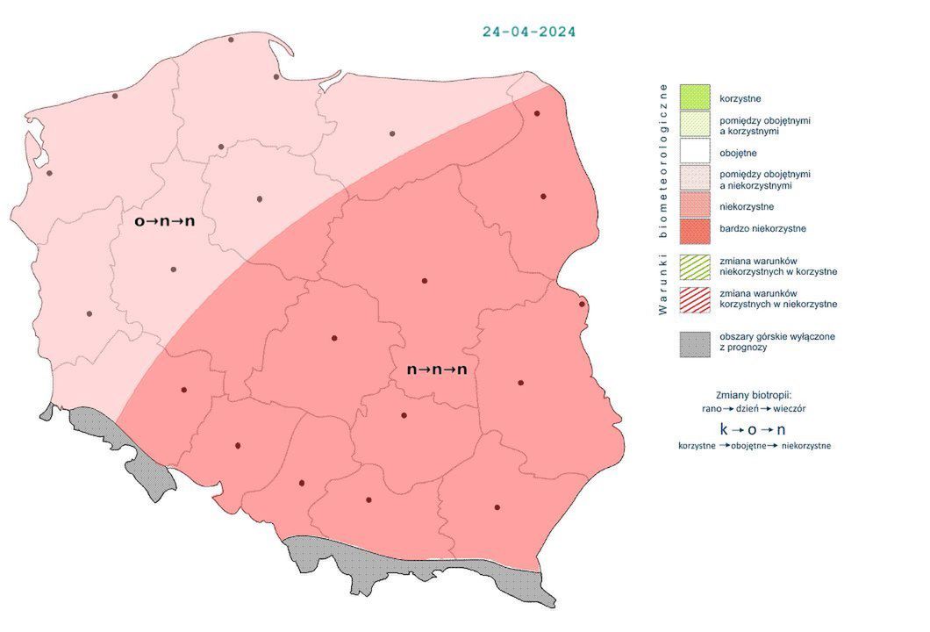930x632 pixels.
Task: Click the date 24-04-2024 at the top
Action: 529,32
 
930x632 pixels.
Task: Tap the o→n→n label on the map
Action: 164,221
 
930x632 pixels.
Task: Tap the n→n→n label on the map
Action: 437,370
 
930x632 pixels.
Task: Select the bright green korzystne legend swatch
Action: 694,97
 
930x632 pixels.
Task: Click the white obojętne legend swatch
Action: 694,153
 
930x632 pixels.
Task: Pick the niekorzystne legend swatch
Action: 694,207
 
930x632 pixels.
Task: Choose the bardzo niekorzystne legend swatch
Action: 694,229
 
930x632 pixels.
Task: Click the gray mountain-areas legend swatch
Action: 694,343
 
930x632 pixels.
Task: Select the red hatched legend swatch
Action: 694,298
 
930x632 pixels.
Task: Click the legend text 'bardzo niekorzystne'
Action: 762,229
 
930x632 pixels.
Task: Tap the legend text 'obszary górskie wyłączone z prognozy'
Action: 776,342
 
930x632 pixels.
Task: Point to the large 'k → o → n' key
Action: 752,429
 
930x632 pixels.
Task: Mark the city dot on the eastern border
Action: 582,305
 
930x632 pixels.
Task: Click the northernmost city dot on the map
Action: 231,39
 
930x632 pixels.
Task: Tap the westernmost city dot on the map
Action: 49,173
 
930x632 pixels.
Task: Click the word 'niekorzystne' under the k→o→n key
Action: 806,446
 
